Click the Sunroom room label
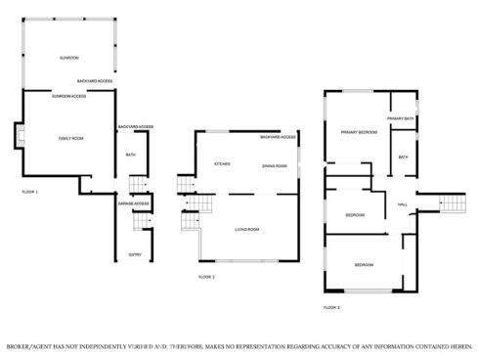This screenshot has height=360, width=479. [x=68, y=58]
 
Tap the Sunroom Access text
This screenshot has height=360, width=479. [x=69, y=96]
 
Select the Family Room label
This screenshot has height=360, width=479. [x=70, y=139]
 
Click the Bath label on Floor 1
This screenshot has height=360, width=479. [x=130, y=155]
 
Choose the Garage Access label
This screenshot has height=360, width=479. [x=133, y=203]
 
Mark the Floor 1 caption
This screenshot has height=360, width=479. [x=29, y=192]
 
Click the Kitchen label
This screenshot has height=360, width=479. [x=222, y=164]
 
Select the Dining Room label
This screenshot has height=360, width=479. [x=275, y=166]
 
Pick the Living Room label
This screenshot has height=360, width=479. [x=246, y=230]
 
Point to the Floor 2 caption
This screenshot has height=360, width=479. [x=206, y=277]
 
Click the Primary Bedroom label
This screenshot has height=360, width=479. [x=359, y=131]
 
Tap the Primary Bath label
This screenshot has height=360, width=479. [x=401, y=118]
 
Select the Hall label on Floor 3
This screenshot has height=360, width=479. [x=403, y=204]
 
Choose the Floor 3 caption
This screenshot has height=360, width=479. [x=331, y=307]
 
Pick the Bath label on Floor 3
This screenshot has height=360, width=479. [x=403, y=157]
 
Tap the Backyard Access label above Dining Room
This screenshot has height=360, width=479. [x=278, y=138]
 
